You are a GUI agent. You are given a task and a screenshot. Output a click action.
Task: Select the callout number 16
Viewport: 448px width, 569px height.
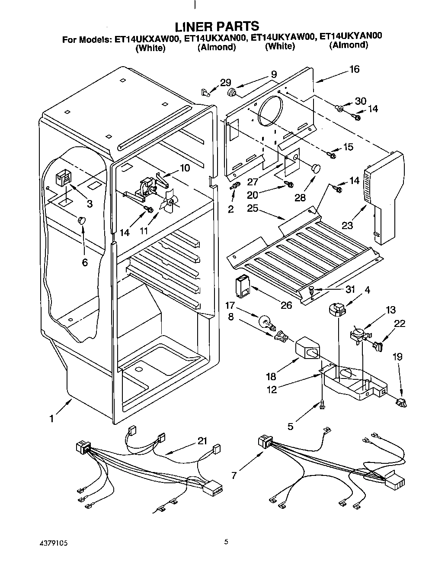click(354, 69)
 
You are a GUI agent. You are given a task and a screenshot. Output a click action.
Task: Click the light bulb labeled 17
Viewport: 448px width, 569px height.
click(265, 322)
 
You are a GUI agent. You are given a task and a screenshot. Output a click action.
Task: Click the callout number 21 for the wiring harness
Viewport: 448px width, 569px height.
click(202, 441)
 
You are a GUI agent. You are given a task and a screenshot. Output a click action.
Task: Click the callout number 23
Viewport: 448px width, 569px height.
click(347, 225)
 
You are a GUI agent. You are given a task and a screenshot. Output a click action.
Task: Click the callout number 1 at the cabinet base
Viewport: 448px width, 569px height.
click(51, 418)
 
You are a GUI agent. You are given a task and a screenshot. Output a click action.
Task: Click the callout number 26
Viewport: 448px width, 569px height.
click(286, 305)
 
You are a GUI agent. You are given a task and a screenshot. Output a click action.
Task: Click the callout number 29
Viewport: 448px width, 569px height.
click(225, 83)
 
